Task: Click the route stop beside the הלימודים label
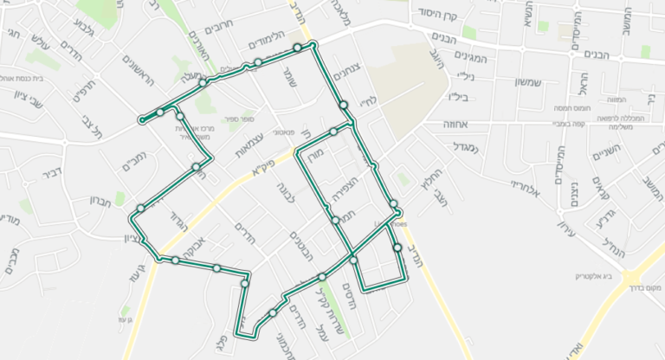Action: coord(297,48)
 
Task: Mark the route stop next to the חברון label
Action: coord(140,209)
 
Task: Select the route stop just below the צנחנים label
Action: coord(344,105)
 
